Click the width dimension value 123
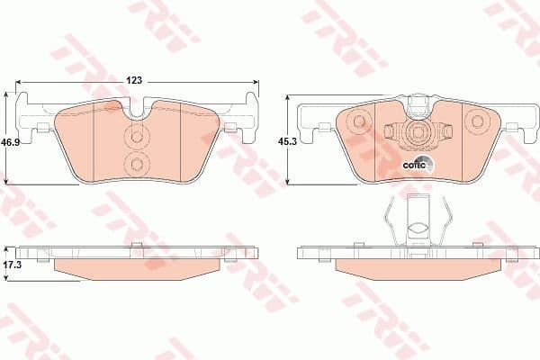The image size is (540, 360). pos(134,81)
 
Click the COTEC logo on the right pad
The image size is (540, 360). pos(418,164)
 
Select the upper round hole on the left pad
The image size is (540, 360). pos(137,137)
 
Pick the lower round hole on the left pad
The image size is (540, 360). pos(137,164)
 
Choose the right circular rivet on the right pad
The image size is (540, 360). pos(474,121)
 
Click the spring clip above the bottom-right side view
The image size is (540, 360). pos(415,220)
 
